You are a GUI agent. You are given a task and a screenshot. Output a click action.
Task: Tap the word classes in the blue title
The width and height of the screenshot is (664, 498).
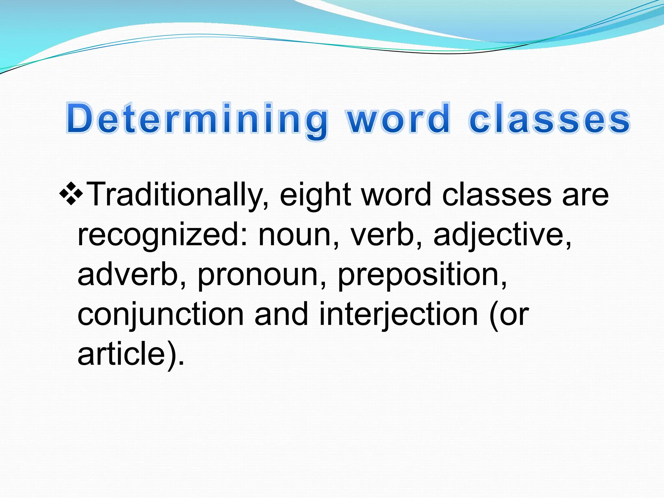549,119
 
